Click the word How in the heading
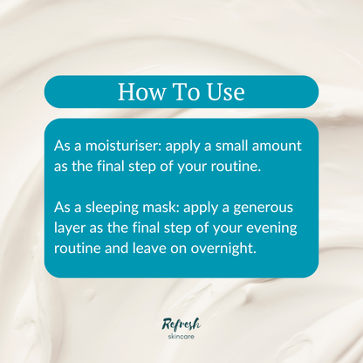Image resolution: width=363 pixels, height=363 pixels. [x=138, y=92]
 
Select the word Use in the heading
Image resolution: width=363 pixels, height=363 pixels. [x=223, y=92]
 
